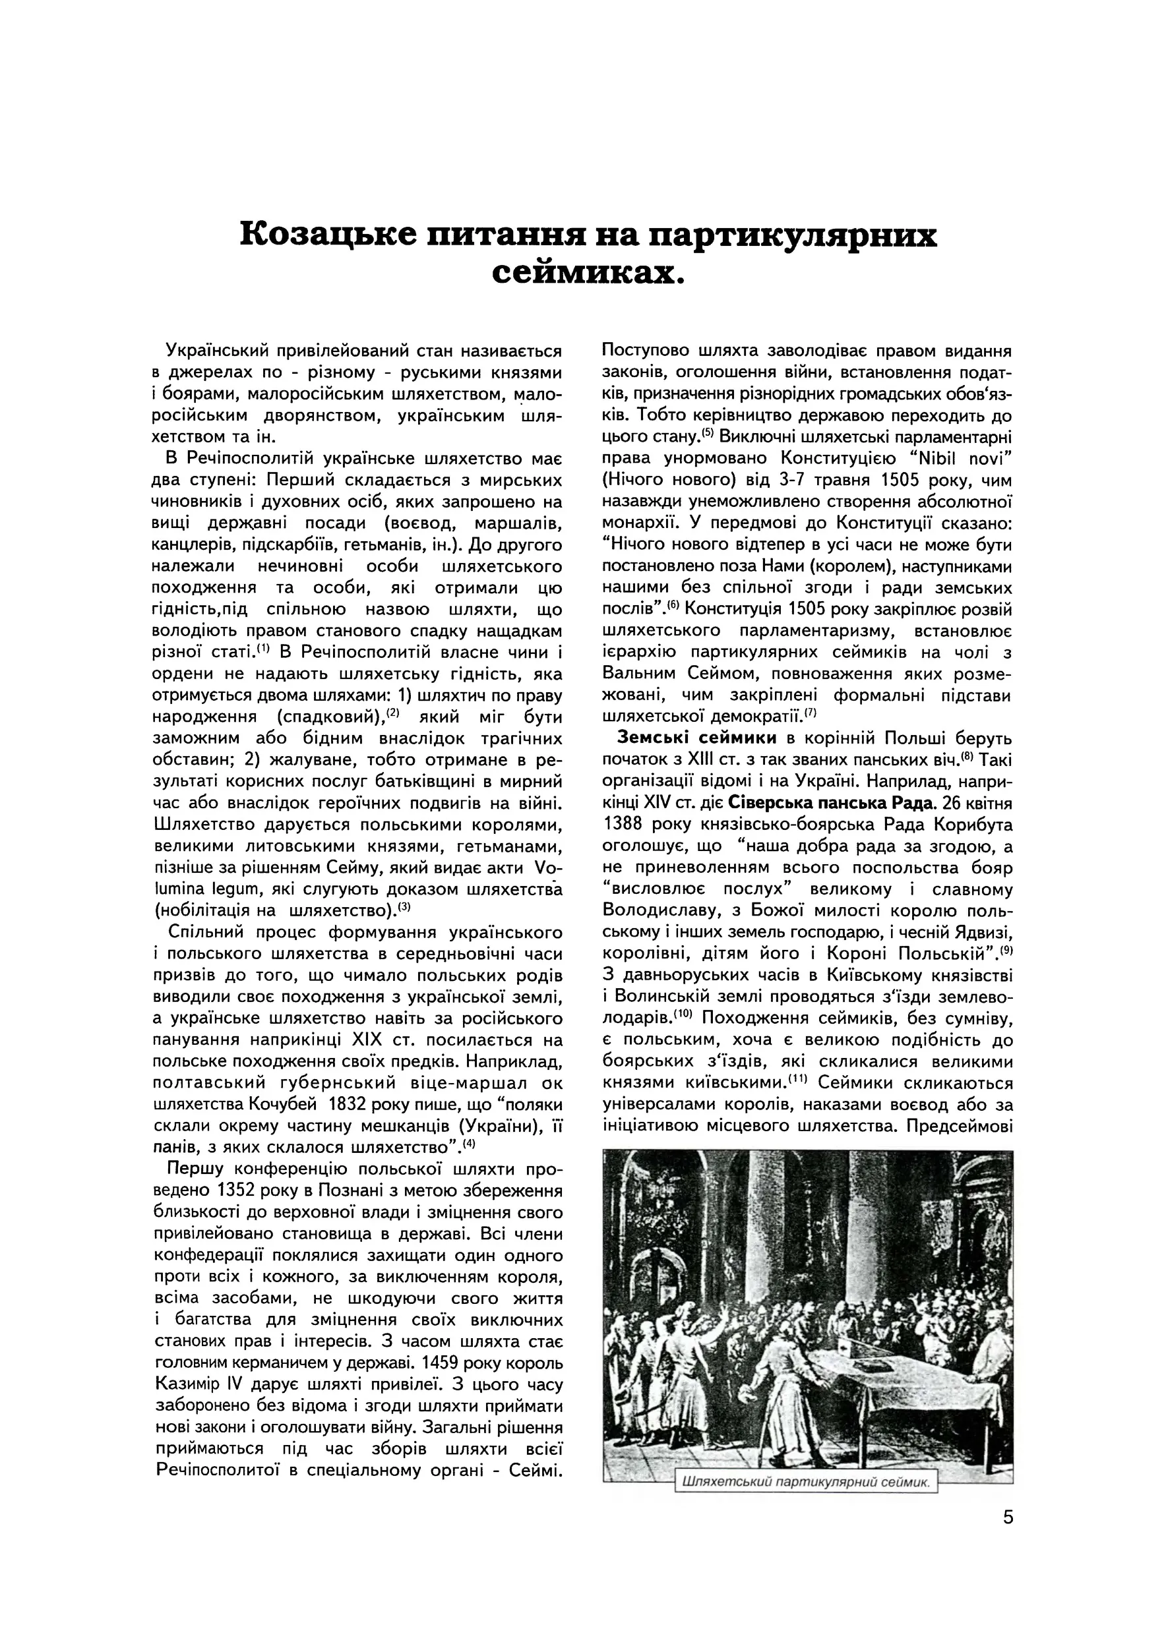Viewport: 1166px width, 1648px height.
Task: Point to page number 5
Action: coord(1008,1517)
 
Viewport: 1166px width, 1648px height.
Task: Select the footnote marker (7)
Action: coord(811,713)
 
